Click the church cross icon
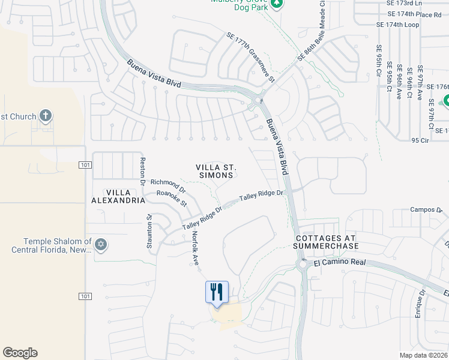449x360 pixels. coord(46,115)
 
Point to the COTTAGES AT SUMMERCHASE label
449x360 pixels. coord(327,242)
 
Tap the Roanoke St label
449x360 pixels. coord(171,194)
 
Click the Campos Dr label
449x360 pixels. coord(426,210)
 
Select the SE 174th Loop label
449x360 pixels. coord(397,25)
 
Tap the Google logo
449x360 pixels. coord(20,353)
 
